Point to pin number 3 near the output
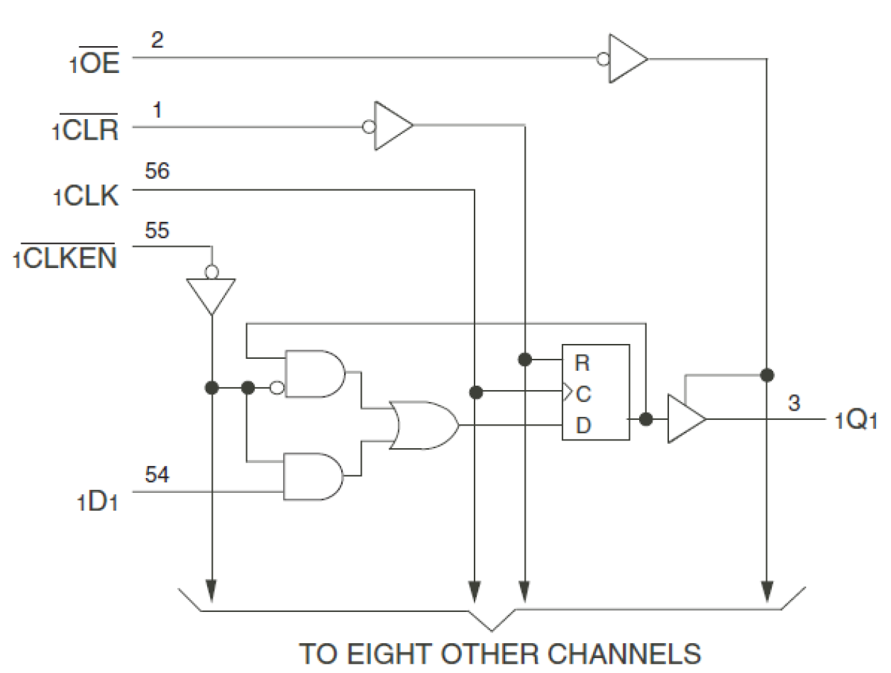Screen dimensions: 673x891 [794, 404]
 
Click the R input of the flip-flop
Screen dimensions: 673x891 [582, 364]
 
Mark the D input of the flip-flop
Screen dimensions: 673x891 [582, 426]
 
